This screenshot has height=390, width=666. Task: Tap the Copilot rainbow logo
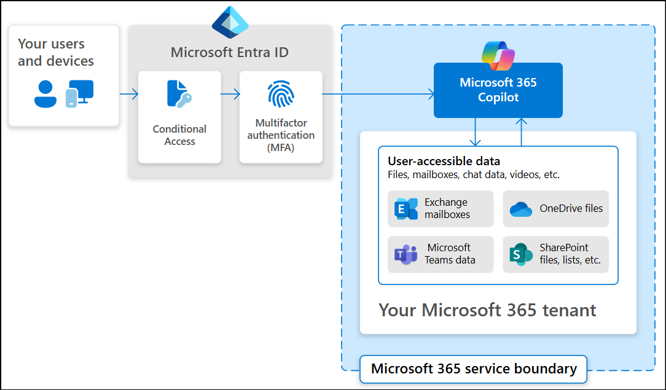(498, 56)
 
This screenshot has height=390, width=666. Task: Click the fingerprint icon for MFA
(281, 94)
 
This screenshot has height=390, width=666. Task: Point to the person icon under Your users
(45, 94)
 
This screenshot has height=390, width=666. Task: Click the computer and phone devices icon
(79, 93)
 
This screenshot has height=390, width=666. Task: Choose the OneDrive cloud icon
(521, 209)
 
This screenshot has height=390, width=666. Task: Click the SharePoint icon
(521, 254)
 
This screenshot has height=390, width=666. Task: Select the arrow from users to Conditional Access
(128, 94)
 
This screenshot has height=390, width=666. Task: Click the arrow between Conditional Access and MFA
(230, 94)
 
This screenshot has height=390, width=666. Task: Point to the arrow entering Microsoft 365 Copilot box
(378, 94)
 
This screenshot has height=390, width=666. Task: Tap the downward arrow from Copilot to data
(475, 131)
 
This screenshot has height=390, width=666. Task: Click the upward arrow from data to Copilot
(522, 131)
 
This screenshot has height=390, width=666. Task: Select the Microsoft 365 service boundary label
(474, 369)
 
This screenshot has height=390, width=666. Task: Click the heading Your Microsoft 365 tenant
(487, 310)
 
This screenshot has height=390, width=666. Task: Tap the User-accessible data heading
(444, 162)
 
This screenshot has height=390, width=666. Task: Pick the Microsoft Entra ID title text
(230, 52)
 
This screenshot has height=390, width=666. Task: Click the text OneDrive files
(571, 209)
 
